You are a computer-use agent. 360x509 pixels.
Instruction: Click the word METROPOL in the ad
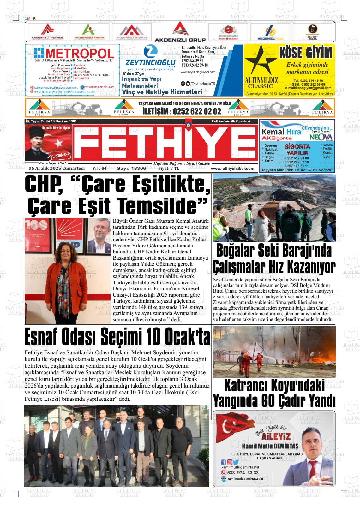79,54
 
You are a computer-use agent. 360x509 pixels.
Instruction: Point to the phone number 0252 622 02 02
182,111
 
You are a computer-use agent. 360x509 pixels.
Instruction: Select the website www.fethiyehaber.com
232,169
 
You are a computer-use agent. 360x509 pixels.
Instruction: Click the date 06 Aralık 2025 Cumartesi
57,169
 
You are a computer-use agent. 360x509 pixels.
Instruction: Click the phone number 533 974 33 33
243,473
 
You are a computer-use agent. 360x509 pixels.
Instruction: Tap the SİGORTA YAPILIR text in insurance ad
297,150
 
